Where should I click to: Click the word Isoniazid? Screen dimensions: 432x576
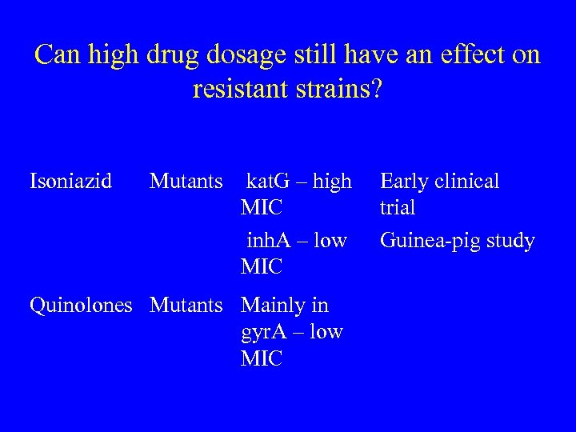pyautogui.click(x=70, y=182)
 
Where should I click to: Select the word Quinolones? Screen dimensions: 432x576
pyautogui.click(x=81, y=306)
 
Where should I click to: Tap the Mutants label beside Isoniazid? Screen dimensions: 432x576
pyautogui.click(x=186, y=182)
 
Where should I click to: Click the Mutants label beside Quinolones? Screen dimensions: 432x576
pyautogui.click(x=186, y=306)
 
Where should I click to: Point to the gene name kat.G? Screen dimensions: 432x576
pyautogui.click(x=270, y=182)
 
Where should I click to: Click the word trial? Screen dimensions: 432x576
pyautogui.click(x=398, y=208)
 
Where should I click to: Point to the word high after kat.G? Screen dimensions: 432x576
pyautogui.click(x=332, y=182)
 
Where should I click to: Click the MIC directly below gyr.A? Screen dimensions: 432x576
pyautogui.click(x=262, y=358)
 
